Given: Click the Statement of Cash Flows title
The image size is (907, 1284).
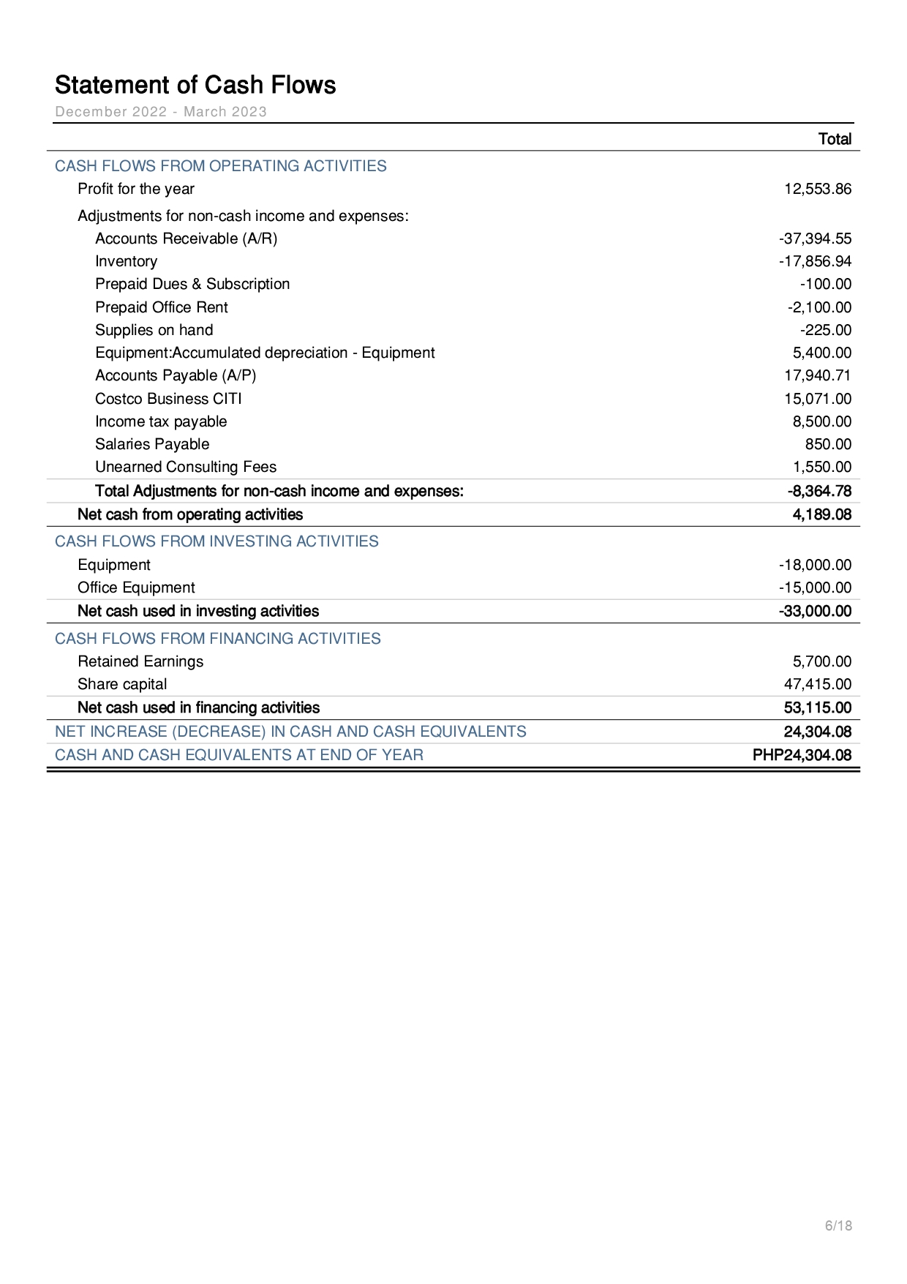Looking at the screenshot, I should [x=195, y=85].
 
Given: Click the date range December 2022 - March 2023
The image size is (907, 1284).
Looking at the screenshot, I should [x=161, y=112].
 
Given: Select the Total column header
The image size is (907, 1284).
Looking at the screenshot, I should [x=835, y=139].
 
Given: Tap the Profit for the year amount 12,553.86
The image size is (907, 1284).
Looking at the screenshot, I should [x=818, y=189].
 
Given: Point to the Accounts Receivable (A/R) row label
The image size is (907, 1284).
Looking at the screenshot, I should [x=186, y=239].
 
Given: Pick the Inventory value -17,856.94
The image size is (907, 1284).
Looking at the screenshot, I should [x=815, y=261].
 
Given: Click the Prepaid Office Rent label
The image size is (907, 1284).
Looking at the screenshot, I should [x=161, y=307].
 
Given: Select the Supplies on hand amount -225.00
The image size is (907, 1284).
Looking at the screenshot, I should [x=825, y=330].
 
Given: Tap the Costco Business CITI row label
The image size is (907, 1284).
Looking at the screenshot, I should [x=168, y=399].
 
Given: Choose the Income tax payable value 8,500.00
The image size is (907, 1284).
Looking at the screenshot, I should [x=822, y=421].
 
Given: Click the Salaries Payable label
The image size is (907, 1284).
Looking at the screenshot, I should [x=152, y=444].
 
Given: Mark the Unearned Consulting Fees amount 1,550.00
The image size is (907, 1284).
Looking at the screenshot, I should [x=822, y=467].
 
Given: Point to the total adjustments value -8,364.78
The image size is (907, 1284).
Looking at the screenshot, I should [x=819, y=491].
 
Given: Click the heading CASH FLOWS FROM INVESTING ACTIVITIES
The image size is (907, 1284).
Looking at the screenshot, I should [x=217, y=541].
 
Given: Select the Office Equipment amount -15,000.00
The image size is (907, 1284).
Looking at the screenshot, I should [x=815, y=587].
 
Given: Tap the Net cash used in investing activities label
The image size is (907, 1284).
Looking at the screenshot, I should [x=198, y=611].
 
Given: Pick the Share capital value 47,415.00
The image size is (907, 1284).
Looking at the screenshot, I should [x=818, y=684].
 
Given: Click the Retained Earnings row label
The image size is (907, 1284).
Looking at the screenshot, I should [x=140, y=661].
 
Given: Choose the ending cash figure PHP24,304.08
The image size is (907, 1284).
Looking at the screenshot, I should [x=802, y=755].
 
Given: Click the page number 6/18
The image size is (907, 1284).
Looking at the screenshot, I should [x=838, y=1225].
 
